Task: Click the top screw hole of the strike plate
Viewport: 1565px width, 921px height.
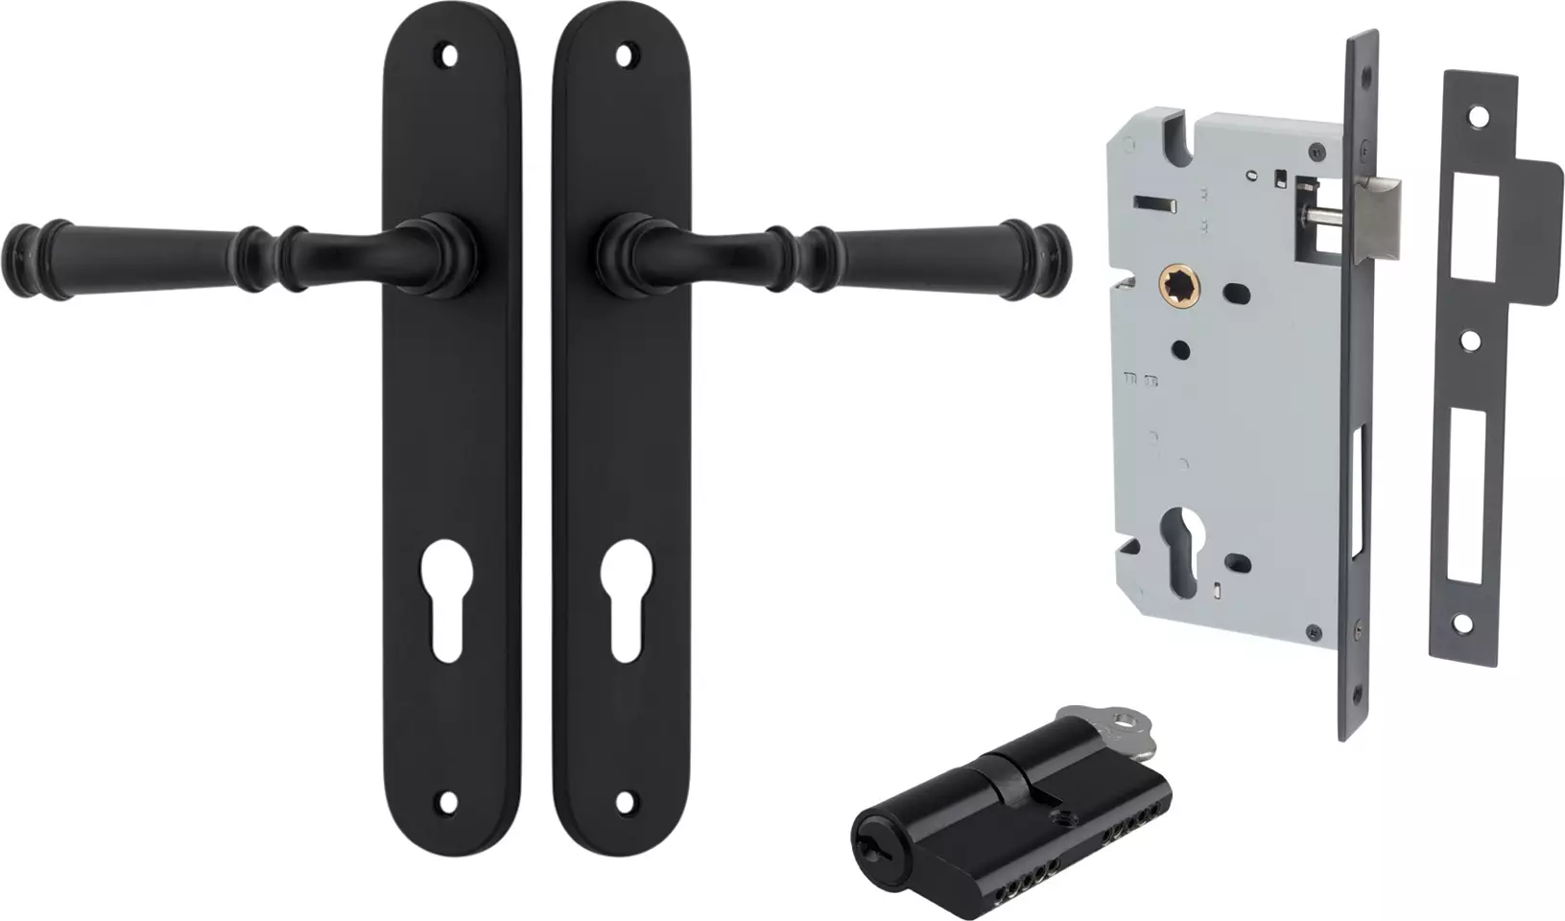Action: pos(1478,116)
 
